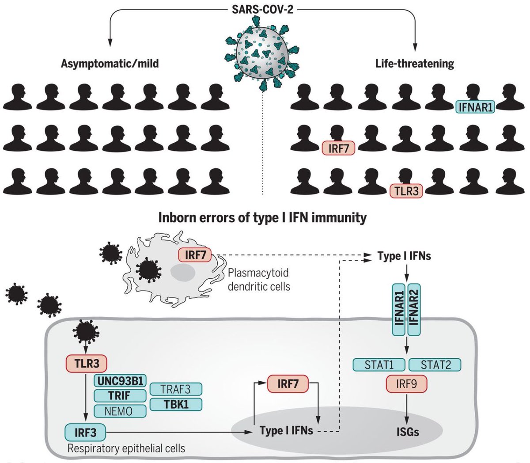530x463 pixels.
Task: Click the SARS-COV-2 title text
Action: tap(262, 10)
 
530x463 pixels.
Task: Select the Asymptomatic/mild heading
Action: tap(110, 64)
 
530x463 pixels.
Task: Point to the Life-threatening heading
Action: tap(415, 64)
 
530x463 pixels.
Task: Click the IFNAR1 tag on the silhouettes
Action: tap(475, 107)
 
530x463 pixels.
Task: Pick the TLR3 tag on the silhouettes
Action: tap(406, 191)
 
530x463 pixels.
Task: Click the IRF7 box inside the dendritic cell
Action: tap(195, 255)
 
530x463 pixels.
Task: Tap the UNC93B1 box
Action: tap(120, 381)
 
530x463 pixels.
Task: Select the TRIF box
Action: tap(120, 396)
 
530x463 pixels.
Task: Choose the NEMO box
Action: tap(120, 411)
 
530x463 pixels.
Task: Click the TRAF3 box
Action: tap(176, 389)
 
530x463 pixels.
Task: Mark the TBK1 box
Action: tap(176, 404)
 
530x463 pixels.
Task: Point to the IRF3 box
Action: tap(86, 433)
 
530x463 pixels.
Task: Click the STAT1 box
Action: tap(379, 365)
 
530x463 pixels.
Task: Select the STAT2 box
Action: tap(435, 365)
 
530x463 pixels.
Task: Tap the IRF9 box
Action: tap(406, 384)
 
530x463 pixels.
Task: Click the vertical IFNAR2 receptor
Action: tap(414, 309)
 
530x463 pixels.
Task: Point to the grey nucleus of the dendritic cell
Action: tap(182, 273)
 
